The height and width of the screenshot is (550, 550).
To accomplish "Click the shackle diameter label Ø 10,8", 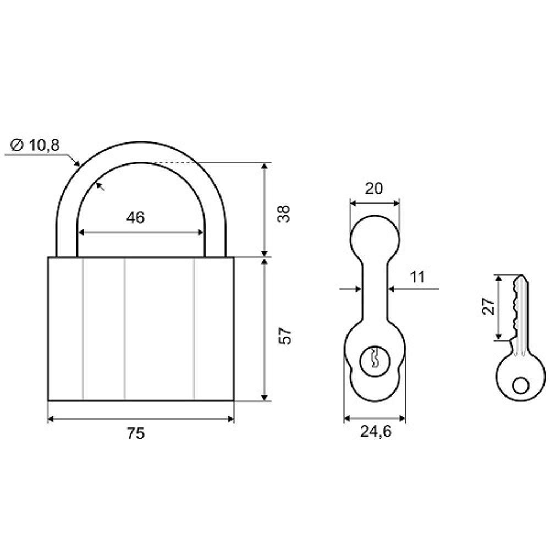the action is click(x=35, y=145).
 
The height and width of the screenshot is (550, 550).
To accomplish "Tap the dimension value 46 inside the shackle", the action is click(x=135, y=218).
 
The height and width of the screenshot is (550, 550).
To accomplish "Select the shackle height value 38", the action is click(x=284, y=213).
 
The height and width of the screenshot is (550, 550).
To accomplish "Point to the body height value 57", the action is click(x=285, y=335).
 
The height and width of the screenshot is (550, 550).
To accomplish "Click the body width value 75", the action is click(x=136, y=433).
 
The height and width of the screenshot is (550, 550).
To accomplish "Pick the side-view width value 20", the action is click(x=374, y=189).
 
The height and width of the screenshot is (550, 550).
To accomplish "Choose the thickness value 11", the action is click(x=417, y=277).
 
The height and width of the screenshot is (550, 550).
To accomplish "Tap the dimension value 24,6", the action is click(x=376, y=431).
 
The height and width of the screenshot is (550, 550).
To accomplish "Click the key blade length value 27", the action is click(x=488, y=306).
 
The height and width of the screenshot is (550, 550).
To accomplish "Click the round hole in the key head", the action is click(x=520, y=386).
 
